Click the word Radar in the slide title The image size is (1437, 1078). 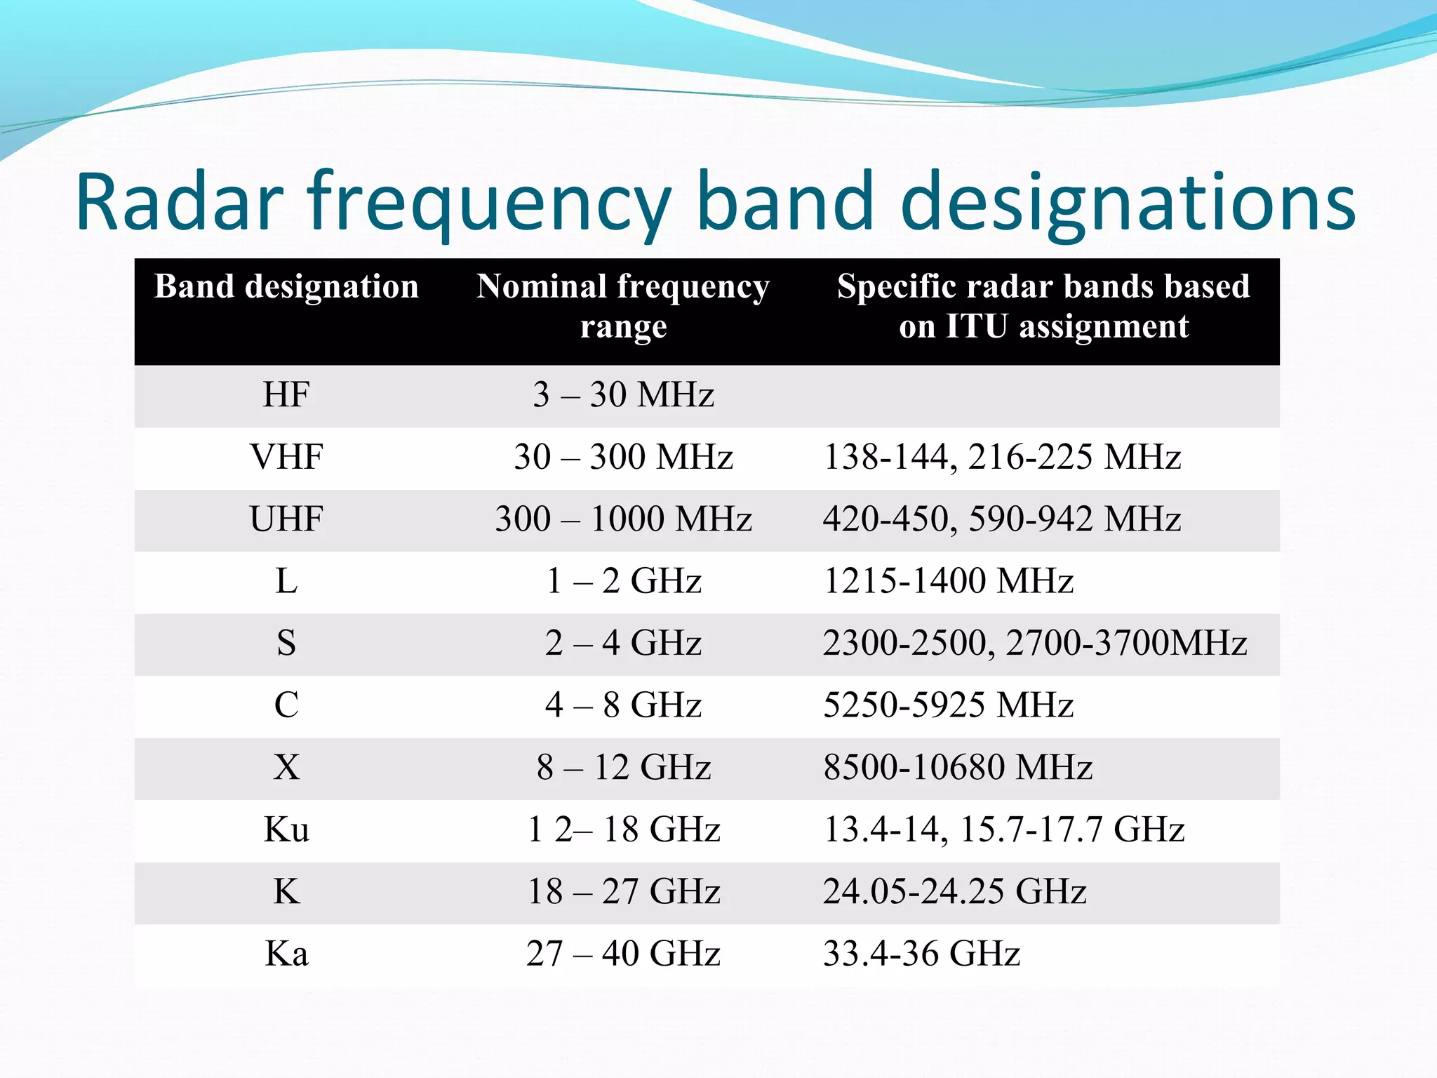pos(180,203)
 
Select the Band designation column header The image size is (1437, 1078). pos(286,287)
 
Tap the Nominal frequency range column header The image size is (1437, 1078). pos(623,306)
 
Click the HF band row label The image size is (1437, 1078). pos(286,395)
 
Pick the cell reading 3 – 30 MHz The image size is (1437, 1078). pos(623,395)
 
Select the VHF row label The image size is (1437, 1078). pos(286,458)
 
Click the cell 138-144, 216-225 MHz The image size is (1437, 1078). pos(1001,458)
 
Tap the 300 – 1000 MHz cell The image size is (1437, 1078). pos(623,519)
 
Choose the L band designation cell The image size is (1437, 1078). pos(286,582)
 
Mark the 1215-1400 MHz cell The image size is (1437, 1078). pos(948,582)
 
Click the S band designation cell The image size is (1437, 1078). pos(286,644)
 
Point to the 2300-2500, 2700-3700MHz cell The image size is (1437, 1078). pos(1035,644)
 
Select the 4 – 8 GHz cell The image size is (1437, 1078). pos(623,705)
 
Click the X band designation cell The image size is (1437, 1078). pos(286,768)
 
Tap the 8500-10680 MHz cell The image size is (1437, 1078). pos(958,768)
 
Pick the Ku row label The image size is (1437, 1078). pos(286,830)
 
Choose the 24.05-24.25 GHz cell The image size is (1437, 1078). pos(954,892)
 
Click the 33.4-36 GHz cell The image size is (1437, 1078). pos(921,954)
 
